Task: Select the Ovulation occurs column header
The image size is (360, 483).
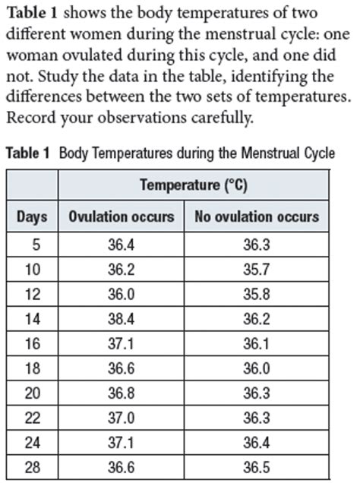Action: click(121, 217)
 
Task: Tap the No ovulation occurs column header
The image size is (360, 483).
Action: click(257, 217)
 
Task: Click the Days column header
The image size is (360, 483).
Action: click(32, 217)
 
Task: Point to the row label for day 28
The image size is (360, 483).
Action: click(32, 468)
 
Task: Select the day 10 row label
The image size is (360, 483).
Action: click(32, 267)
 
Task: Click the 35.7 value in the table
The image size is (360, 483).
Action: click(257, 267)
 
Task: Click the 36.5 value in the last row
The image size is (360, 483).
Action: click(257, 468)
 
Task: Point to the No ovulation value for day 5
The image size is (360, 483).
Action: click(257, 245)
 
